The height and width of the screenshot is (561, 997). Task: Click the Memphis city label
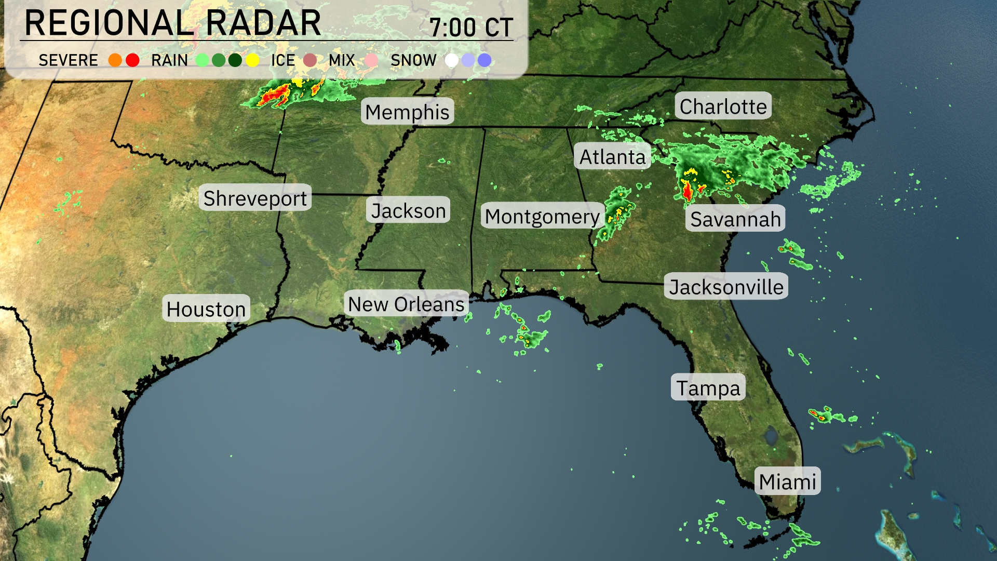pos(407,112)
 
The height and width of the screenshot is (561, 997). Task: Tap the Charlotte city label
pos(723,106)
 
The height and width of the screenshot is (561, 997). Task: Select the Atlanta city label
pos(612,156)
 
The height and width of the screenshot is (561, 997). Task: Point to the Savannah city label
pos(735,219)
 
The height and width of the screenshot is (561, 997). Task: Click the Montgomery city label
pos(542,216)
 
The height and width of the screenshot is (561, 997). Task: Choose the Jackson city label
pos(408,210)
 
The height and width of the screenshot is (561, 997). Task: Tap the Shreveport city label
pos(255,198)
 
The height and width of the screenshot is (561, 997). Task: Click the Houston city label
pos(206,309)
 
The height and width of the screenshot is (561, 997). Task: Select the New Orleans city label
pos(406,304)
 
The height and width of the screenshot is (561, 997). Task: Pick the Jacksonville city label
pos(726,287)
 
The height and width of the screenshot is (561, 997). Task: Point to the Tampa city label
pos(708,388)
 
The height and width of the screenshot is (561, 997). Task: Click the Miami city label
pos(787,482)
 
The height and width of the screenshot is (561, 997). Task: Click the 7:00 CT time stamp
pos(471,27)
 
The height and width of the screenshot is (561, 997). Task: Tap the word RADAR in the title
pos(263,23)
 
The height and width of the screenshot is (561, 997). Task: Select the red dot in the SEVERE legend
pos(132,60)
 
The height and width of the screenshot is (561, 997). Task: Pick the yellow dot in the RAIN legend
pos(252,60)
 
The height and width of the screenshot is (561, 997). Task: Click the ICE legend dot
pos(310,60)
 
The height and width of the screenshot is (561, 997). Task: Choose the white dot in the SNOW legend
pos(452,60)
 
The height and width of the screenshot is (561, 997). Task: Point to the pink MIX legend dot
pos(371,60)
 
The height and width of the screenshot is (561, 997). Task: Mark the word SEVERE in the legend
pos(68,60)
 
